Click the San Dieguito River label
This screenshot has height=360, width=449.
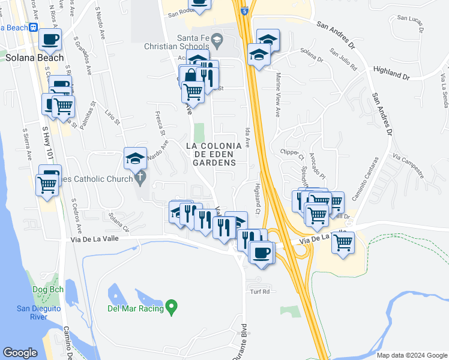37,313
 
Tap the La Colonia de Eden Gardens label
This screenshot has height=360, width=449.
214,154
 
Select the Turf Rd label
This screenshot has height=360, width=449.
261,292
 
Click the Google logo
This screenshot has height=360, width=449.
20,353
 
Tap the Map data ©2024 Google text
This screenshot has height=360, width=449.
411,355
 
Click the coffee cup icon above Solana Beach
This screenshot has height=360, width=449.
50,40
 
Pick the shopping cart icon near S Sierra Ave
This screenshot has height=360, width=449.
46,184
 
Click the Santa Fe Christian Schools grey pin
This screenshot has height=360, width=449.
217,41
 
